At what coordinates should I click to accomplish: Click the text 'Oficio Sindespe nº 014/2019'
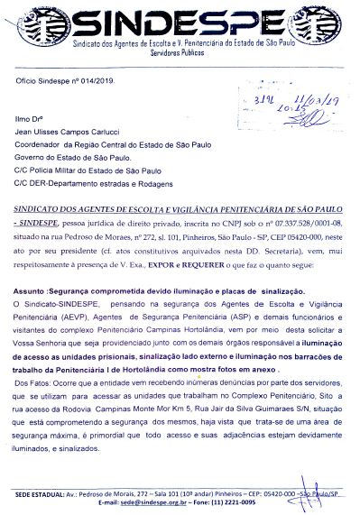(60, 80)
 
